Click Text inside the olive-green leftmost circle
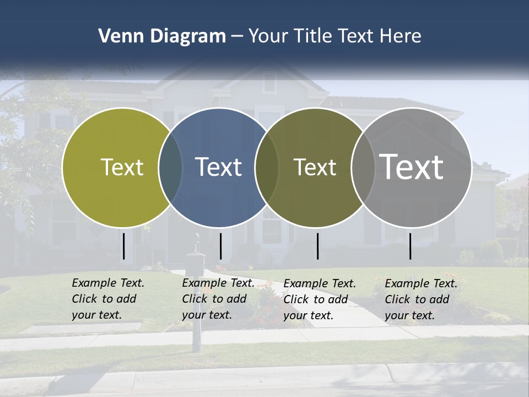click(x=122, y=167)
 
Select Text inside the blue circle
click(x=218, y=167)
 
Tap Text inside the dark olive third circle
click(x=315, y=167)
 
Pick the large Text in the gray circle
click(x=412, y=167)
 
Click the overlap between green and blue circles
click(x=170, y=167)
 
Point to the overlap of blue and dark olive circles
click(x=267, y=167)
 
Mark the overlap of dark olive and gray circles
click(x=363, y=167)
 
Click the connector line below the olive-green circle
click(x=124, y=246)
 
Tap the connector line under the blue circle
click(x=220, y=246)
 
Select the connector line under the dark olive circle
click(x=317, y=246)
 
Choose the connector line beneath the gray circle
click(x=410, y=246)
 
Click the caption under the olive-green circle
click(x=108, y=299)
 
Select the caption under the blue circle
click(x=218, y=299)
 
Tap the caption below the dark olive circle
click(x=320, y=299)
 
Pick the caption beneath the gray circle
click(x=421, y=299)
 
